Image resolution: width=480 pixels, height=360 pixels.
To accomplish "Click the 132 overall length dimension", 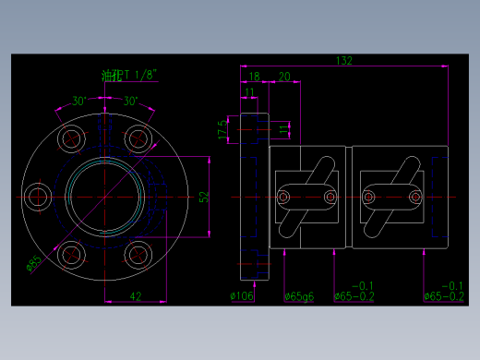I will click(343, 60).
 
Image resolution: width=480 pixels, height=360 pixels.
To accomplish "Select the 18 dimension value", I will click(254, 77).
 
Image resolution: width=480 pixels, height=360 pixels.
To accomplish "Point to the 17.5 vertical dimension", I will click(222, 127).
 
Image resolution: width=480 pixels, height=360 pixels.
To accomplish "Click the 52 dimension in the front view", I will click(204, 197).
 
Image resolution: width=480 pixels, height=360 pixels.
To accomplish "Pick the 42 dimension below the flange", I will click(135, 295).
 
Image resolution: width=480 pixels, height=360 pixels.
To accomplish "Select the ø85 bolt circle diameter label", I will click(34, 265).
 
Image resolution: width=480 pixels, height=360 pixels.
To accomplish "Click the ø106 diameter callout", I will click(242, 296).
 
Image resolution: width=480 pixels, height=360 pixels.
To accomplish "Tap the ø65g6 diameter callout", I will click(299, 296).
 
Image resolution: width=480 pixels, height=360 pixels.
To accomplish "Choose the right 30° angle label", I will click(130, 101).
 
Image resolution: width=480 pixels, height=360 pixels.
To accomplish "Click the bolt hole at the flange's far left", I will click(38, 197).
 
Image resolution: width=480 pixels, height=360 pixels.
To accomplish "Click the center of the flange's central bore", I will click(104, 197).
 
